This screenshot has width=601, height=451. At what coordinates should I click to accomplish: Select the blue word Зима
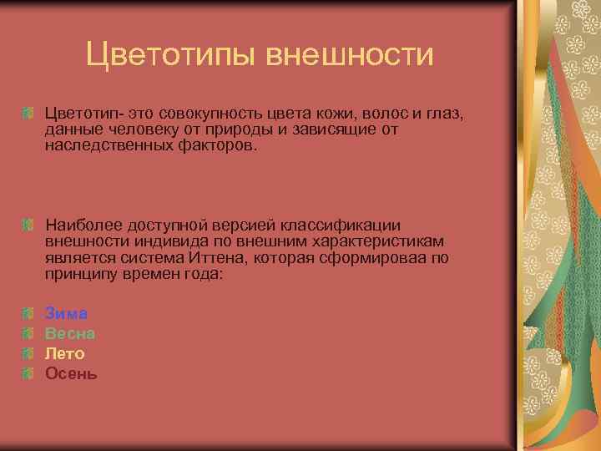click(x=66, y=313)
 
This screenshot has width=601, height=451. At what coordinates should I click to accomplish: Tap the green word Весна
click(x=70, y=333)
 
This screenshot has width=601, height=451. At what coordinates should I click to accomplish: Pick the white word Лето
click(x=65, y=353)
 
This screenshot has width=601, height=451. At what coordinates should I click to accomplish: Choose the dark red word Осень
click(x=71, y=373)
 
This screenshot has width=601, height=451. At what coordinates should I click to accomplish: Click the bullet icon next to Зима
click(x=28, y=313)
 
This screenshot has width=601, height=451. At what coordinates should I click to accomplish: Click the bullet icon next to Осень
click(x=28, y=373)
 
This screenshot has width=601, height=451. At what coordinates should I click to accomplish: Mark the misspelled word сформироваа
click(x=381, y=257)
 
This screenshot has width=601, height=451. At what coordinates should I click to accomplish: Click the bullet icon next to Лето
click(x=28, y=353)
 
